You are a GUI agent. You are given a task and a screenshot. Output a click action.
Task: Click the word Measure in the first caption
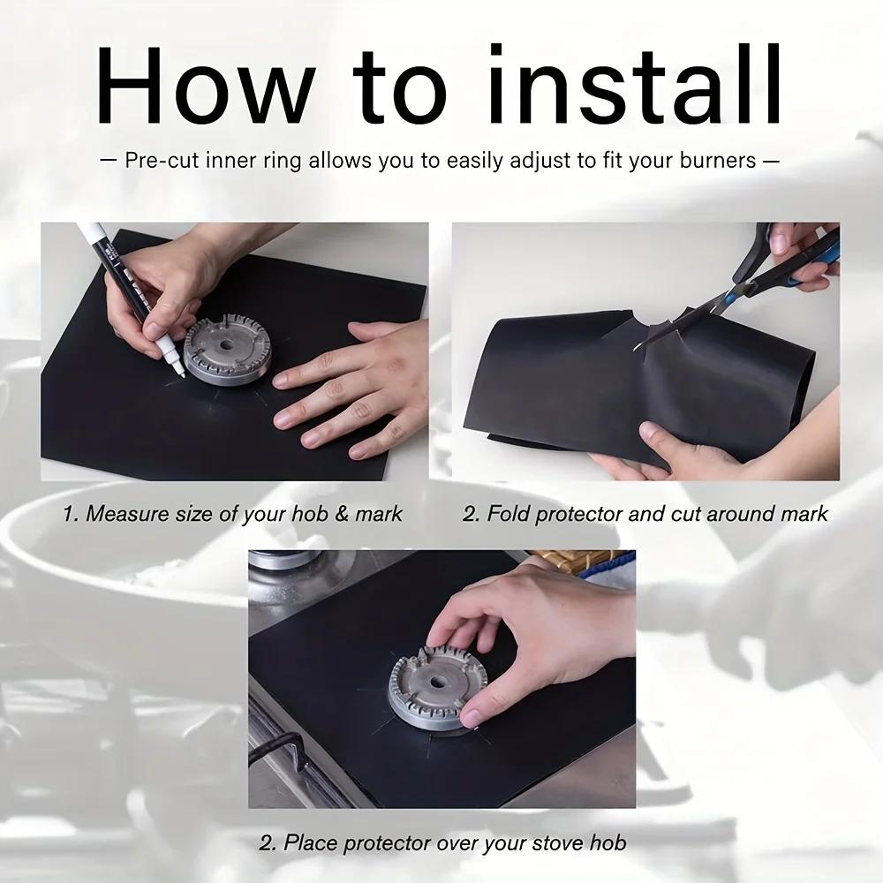pyautogui.click(x=124, y=513)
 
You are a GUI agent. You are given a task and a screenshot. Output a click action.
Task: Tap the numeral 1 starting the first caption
pyautogui.click(x=67, y=513)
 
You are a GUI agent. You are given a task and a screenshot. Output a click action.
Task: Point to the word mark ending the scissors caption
pyautogui.click(x=804, y=513)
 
